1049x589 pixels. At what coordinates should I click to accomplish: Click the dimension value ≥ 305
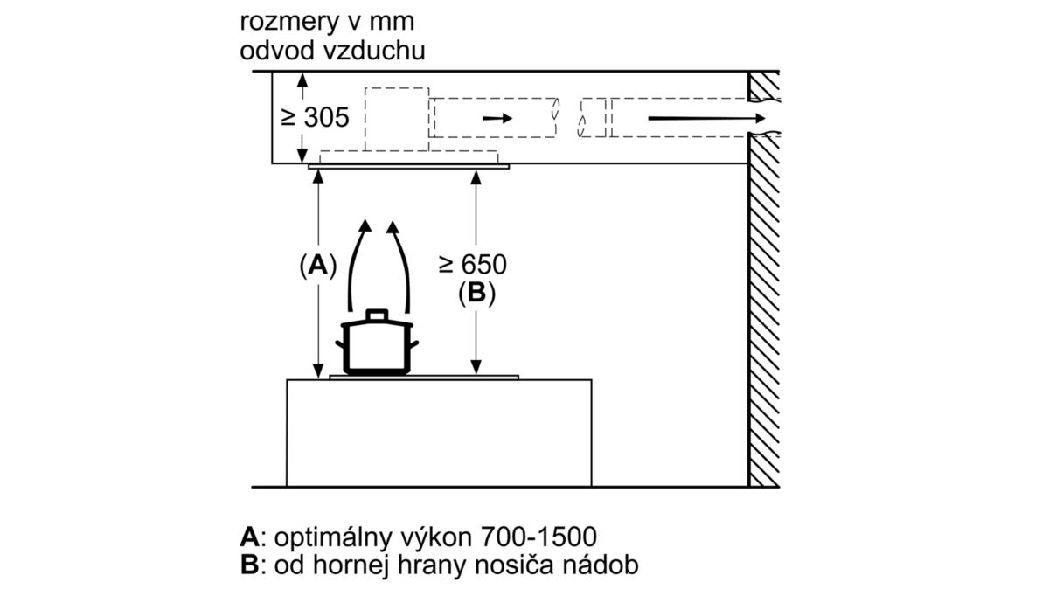(316, 117)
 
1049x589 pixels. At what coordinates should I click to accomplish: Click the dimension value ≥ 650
(473, 264)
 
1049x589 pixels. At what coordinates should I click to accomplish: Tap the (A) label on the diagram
(318, 266)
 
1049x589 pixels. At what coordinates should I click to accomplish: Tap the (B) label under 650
(476, 293)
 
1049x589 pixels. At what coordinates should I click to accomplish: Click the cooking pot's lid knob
(377, 315)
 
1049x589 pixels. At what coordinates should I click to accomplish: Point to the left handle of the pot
(340, 345)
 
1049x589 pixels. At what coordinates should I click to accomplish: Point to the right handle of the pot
(414, 345)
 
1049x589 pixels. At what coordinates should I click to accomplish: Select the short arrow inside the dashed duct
(497, 118)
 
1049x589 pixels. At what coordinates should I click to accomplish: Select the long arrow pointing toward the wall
(706, 118)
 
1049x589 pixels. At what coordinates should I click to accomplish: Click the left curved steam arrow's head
(365, 225)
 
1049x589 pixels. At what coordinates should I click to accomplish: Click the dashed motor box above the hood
(397, 120)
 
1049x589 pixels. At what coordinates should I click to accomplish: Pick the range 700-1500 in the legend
(538, 537)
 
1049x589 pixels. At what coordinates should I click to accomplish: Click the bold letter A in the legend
(249, 537)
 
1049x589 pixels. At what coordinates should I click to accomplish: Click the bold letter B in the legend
(249, 565)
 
